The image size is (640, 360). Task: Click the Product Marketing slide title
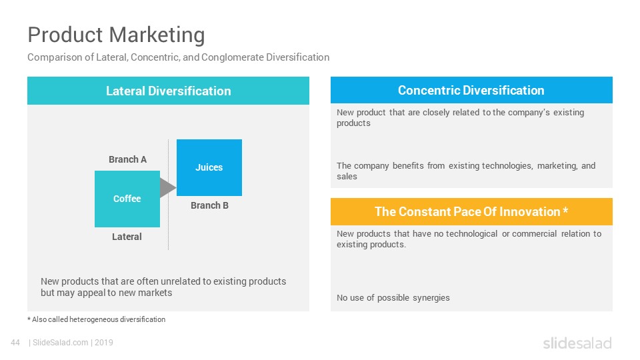coord(116,35)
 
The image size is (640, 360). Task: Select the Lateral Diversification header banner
coord(168,91)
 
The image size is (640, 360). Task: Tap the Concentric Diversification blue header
coord(471,90)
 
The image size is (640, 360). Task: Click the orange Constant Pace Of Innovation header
coord(471,211)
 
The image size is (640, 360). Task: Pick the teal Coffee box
coord(127,199)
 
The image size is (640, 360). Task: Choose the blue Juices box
coord(209,167)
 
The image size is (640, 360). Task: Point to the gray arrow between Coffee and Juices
coord(167,188)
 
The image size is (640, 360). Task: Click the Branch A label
coord(128,159)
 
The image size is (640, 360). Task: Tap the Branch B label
coord(209,205)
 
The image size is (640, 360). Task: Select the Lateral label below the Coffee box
coord(127,237)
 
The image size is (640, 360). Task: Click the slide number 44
coord(15,343)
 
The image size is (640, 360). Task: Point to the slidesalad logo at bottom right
coord(577,343)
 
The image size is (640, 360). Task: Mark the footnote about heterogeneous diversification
coord(96,319)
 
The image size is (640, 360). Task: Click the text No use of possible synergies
coord(393,297)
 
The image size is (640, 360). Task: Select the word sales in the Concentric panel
coord(347,176)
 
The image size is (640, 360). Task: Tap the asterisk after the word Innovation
coord(565,210)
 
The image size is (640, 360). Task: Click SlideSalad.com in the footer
coord(61,343)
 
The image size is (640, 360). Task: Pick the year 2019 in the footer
coord(104,343)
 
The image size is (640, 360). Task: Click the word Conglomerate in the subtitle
coord(232,57)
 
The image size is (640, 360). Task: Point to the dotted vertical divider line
coord(168,194)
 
